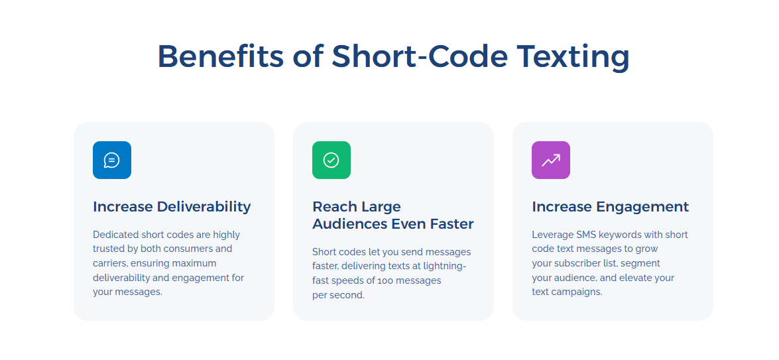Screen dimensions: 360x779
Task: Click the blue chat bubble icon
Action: (x=112, y=160)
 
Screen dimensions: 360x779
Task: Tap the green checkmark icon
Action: (x=331, y=160)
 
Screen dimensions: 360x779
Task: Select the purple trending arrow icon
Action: (x=550, y=160)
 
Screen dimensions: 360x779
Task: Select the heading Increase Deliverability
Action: (x=172, y=207)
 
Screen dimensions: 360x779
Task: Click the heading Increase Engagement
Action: (x=610, y=207)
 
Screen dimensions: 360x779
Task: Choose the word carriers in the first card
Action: (x=109, y=263)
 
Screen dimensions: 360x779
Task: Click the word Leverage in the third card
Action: (x=553, y=235)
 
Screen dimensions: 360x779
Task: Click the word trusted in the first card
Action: (x=108, y=249)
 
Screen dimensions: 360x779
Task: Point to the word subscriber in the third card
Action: (x=578, y=263)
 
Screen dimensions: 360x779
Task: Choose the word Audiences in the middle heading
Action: (x=349, y=224)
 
